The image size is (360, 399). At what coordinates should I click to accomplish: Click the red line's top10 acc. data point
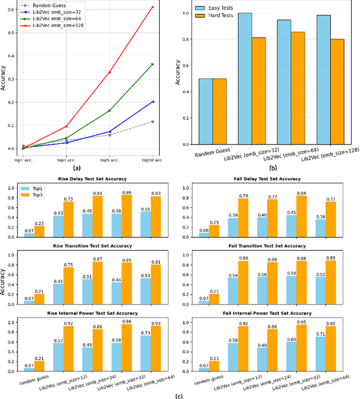[x=152, y=7]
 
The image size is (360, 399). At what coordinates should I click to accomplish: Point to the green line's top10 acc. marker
[x=152, y=64]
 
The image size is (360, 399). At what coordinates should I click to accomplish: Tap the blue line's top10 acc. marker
[x=152, y=102]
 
